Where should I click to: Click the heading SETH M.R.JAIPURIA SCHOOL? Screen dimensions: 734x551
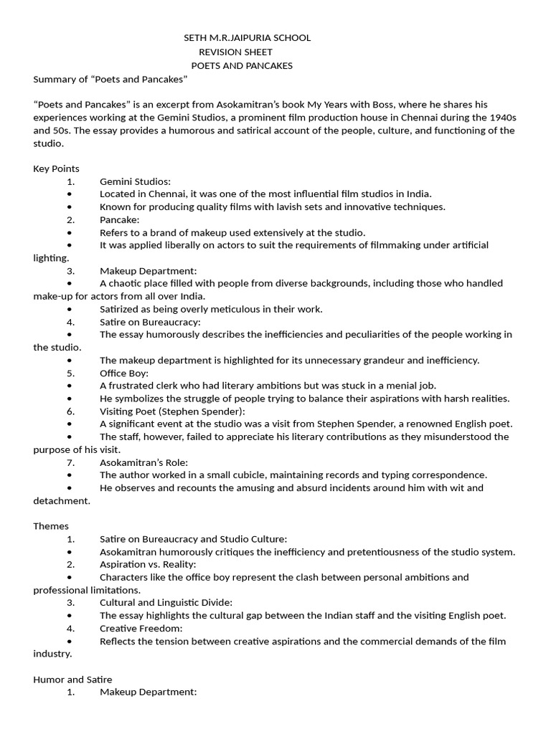(x=248, y=38)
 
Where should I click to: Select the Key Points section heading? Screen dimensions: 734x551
(x=56, y=168)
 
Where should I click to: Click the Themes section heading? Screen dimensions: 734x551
(x=51, y=525)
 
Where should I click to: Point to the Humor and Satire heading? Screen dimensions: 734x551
(x=72, y=679)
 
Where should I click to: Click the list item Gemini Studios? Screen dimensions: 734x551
(x=135, y=181)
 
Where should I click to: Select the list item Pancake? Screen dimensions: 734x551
(x=120, y=219)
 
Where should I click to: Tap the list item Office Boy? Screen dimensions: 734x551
(x=124, y=373)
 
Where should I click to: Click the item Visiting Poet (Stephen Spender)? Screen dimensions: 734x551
(x=172, y=411)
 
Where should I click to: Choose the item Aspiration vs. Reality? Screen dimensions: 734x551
(x=148, y=564)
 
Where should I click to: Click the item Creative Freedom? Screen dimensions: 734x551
(x=141, y=628)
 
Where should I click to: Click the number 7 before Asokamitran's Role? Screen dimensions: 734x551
(x=70, y=462)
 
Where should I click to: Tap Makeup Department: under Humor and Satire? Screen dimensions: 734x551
(x=148, y=692)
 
